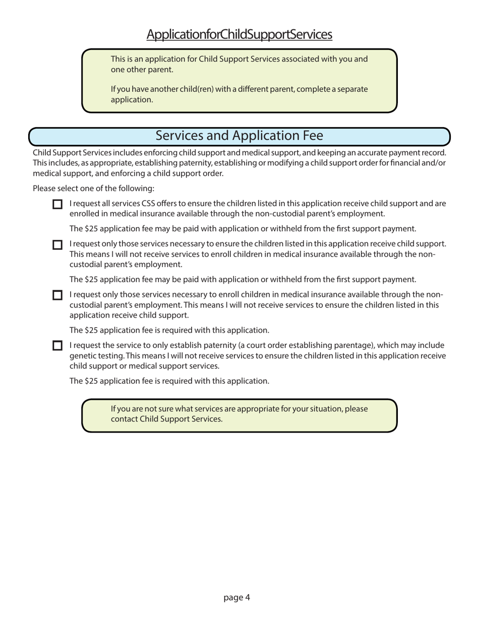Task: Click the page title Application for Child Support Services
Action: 239,34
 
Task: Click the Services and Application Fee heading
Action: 239,136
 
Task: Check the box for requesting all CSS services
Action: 57,204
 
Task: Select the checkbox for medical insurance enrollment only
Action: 57,295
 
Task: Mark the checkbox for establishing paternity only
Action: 57,346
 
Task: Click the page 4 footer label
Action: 236,598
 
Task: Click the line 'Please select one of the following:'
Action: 93,188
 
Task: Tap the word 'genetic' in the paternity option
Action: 83,355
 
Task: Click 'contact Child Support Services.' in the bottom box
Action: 166,419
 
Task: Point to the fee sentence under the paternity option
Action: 169,381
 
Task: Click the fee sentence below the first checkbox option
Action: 243,229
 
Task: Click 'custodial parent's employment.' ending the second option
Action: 126,264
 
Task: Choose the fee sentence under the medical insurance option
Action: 169,330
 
